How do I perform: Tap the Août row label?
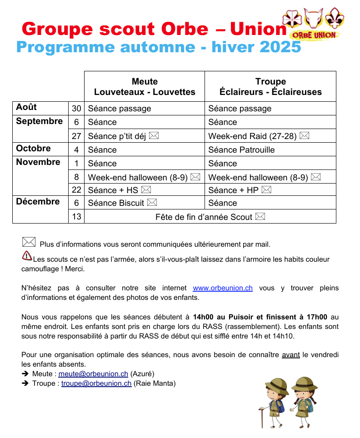tap(26, 107)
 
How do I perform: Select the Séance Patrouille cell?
tap(241, 150)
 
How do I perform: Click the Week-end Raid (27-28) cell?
tap(259, 136)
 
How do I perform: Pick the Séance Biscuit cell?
tap(122, 203)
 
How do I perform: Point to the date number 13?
tap(76, 217)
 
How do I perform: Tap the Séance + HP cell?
tap(240, 190)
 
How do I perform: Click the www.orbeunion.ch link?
tap(223, 288)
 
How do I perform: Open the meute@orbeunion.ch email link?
tap(93, 374)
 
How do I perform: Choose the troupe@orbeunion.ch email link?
tap(96, 383)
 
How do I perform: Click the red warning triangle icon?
tap(27, 255)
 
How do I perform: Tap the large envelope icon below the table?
tap(29, 242)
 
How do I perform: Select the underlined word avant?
tap(290, 355)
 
